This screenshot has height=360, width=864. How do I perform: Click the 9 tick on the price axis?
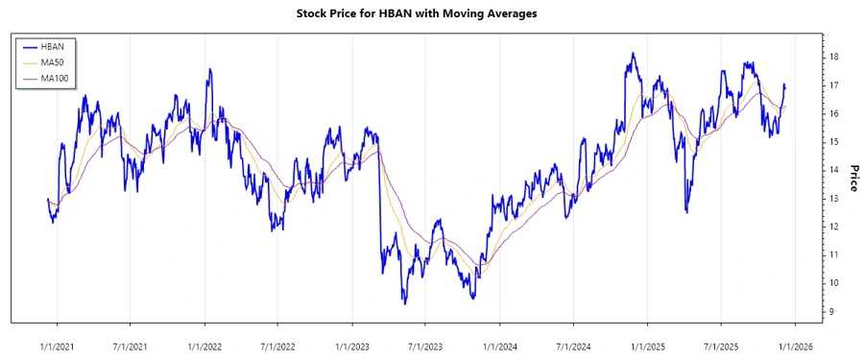(x=832, y=311)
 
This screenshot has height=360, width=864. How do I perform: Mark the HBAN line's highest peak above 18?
(x=632, y=54)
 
